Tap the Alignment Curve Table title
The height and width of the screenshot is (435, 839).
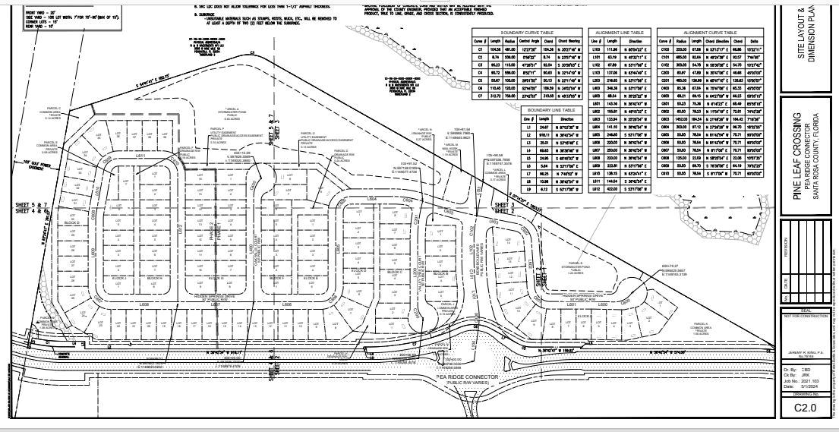(x=709, y=33)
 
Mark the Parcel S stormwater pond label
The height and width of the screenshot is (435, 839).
(x=585, y=271)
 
